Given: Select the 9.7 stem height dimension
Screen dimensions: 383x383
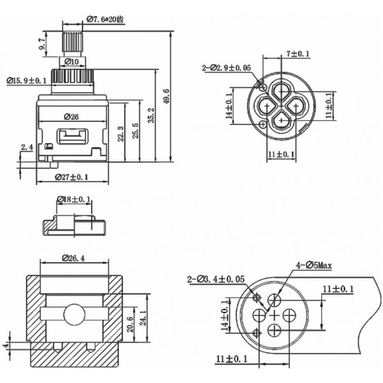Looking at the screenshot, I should pyautogui.click(x=42, y=45).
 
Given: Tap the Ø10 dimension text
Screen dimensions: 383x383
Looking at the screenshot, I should pyautogui.click(x=72, y=61).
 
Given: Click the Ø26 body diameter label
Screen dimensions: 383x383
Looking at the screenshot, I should pyautogui.click(x=71, y=117).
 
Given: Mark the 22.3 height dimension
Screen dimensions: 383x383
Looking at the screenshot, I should pyautogui.click(x=121, y=133).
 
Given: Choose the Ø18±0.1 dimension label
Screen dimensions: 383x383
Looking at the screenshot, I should pyautogui.click(x=74, y=199).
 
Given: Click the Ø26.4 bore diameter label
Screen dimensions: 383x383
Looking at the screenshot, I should pyautogui.click(x=73, y=259).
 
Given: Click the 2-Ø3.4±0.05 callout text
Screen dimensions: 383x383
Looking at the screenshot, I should pyautogui.click(x=216, y=279).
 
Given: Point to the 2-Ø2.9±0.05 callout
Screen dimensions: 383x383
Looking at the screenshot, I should pyautogui.click(x=227, y=67).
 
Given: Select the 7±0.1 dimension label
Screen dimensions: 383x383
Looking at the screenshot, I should pyautogui.click(x=297, y=54).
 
